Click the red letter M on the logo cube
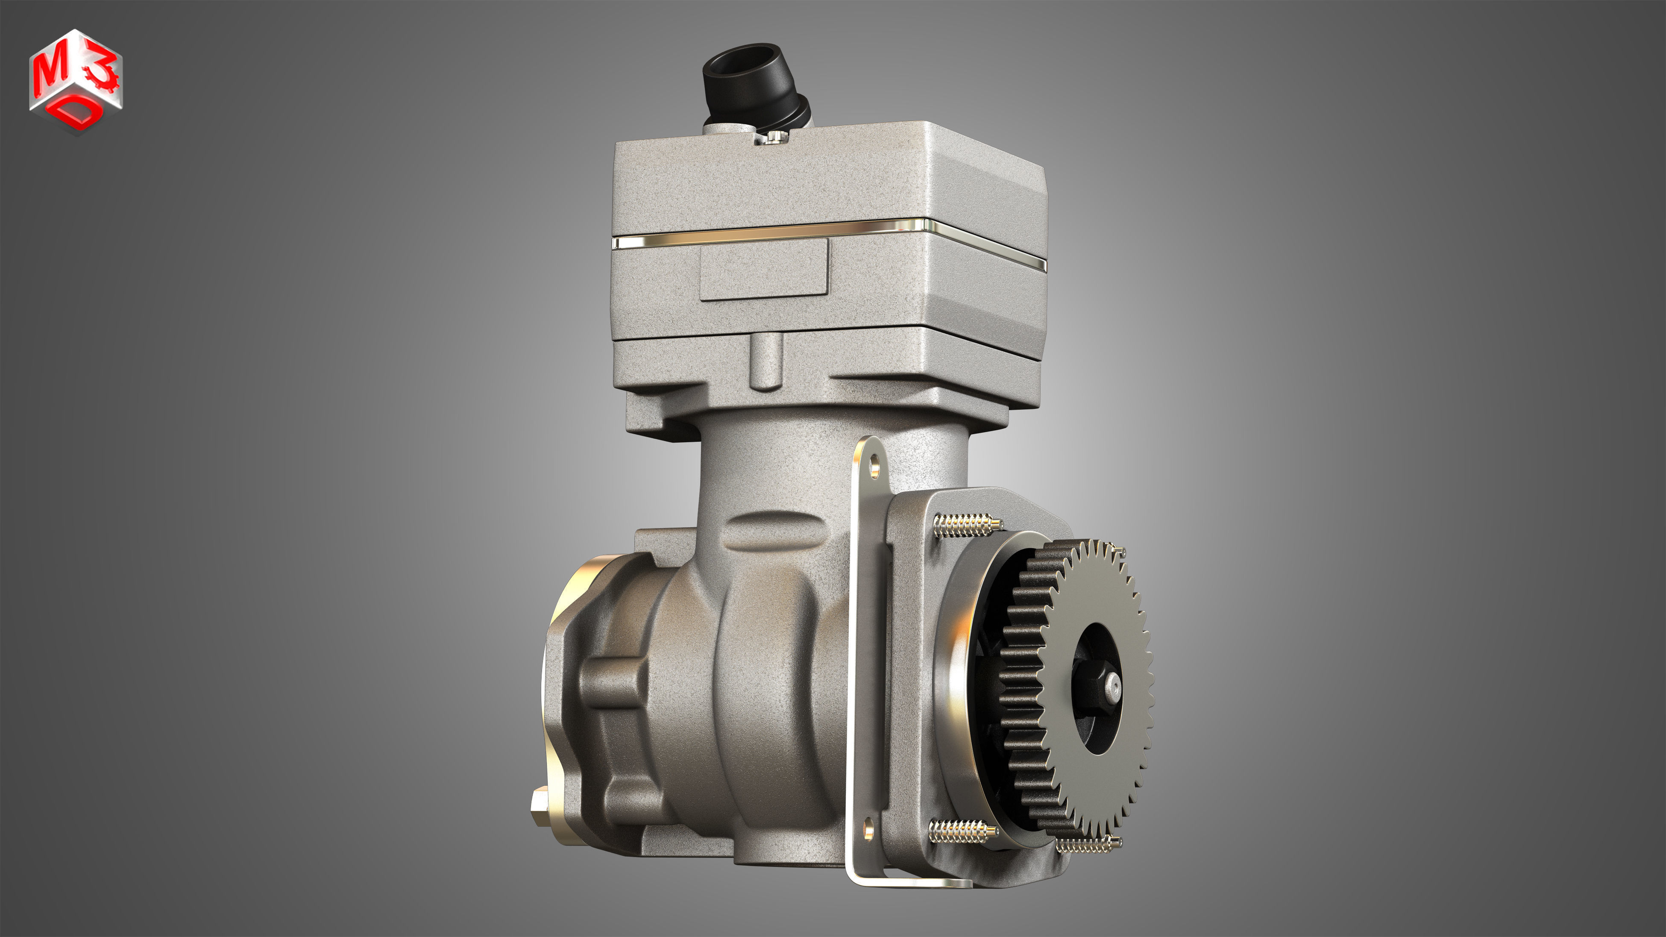[x=52, y=70]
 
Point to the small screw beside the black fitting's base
[x=774, y=136]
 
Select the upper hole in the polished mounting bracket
[x=875, y=464]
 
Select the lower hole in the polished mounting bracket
[x=868, y=830]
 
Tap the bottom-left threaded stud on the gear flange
[x=960, y=831]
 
